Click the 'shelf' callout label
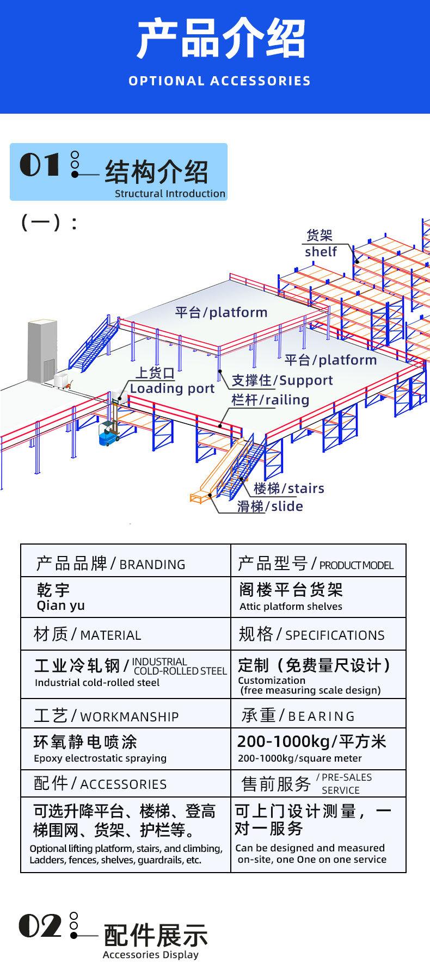tap(321, 252)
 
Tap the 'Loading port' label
tap(173, 388)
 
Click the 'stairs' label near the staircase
tap(306, 488)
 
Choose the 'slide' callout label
tap(287, 506)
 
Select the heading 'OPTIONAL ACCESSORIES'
tap(220, 81)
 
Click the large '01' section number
tap(39, 164)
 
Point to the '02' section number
tap(40, 925)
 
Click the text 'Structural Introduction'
tap(170, 194)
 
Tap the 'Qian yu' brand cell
tap(61, 605)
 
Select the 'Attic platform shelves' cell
tap(291, 607)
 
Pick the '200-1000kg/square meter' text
tap(300, 758)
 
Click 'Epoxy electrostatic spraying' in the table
tap(100, 758)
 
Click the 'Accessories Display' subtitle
tap(151, 955)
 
